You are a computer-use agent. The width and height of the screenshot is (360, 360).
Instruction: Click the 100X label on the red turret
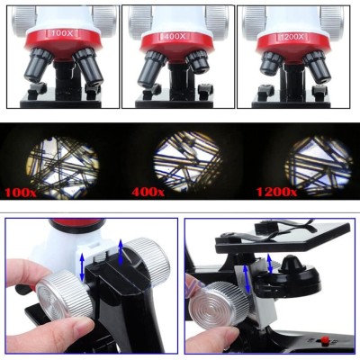point(61,35)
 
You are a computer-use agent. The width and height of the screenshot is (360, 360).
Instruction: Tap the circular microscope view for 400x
point(187,161)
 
